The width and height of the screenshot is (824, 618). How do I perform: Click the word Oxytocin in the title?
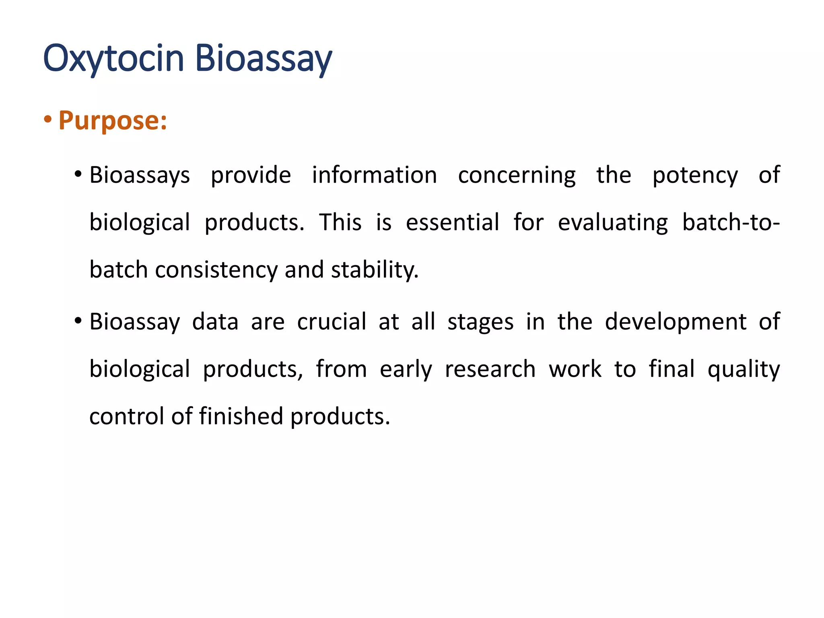pos(113,59)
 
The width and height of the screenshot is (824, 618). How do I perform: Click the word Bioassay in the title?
pos(264,59)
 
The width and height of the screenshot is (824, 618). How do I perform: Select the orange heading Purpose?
pos(113,120)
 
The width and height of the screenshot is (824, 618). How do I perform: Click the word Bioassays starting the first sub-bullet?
pos(140,175)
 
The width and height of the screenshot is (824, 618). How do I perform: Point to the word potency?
pos(695,175)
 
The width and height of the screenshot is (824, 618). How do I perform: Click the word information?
pos(374,175)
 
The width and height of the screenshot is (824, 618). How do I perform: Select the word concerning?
pos(517,175)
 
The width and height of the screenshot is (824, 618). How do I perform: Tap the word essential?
pos(452,222)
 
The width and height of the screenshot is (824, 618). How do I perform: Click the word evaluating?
pos(612,222)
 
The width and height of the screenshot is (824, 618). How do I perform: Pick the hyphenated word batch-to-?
pos(731,222)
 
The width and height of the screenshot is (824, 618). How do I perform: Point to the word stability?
pos(374,270)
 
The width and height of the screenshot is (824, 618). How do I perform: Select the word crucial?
pos(332,322)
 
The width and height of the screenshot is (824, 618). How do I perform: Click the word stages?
pos(480,322)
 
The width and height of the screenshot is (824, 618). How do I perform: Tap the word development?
pos(676,322)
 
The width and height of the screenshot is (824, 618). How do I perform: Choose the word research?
pos(490,369)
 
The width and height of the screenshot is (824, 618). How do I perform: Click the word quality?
pos(744,369)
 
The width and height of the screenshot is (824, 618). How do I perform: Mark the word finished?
pos(241,416)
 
